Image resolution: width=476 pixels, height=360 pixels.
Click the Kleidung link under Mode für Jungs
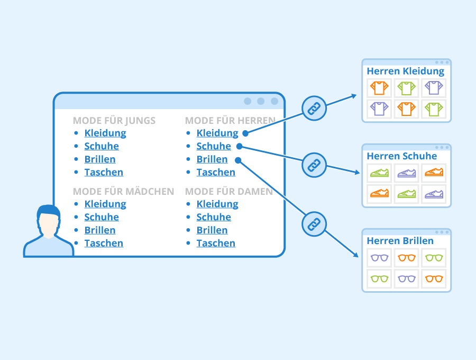105,133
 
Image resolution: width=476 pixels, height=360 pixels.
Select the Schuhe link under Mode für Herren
214,146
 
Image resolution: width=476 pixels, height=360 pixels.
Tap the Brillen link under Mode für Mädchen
100,230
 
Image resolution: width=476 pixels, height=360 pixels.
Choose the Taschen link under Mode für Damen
216,243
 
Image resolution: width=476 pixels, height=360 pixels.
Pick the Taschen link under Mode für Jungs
104,172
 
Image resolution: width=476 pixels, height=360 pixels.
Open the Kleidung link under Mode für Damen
217,204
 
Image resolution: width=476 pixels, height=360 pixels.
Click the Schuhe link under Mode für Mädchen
102,217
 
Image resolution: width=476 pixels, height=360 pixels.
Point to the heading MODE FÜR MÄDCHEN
123,192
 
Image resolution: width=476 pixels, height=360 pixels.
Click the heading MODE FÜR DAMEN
229,192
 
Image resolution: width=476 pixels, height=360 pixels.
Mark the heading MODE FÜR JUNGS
114,121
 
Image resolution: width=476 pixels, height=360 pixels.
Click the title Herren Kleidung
406,71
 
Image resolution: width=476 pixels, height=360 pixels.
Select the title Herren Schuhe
401,156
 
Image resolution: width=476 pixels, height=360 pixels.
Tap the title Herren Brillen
400,241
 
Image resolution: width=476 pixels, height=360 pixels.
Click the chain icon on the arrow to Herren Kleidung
314,109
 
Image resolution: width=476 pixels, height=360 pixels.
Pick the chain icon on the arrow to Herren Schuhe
314,165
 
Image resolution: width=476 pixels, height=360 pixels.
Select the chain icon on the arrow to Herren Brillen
314,224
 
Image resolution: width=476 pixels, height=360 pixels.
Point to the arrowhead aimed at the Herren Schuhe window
356,172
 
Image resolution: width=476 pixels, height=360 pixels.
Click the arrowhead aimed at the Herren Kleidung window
354,96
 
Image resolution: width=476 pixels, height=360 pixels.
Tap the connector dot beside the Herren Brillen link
238,160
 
